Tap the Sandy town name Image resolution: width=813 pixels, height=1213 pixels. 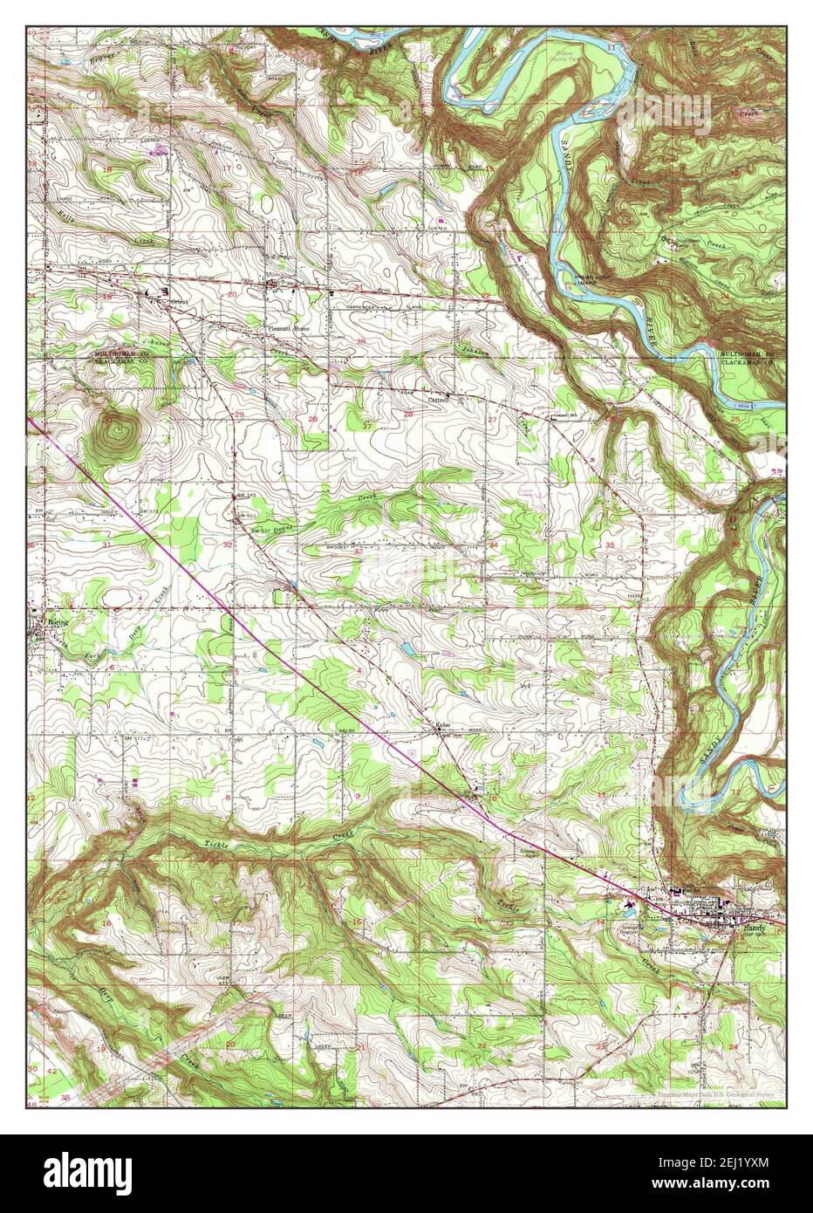point(755,929)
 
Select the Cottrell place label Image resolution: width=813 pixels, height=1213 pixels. point(438,401)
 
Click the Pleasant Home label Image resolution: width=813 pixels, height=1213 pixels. point(288,328)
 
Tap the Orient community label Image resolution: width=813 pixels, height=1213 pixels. point(180,302)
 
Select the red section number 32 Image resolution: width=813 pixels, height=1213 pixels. point(228,545)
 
